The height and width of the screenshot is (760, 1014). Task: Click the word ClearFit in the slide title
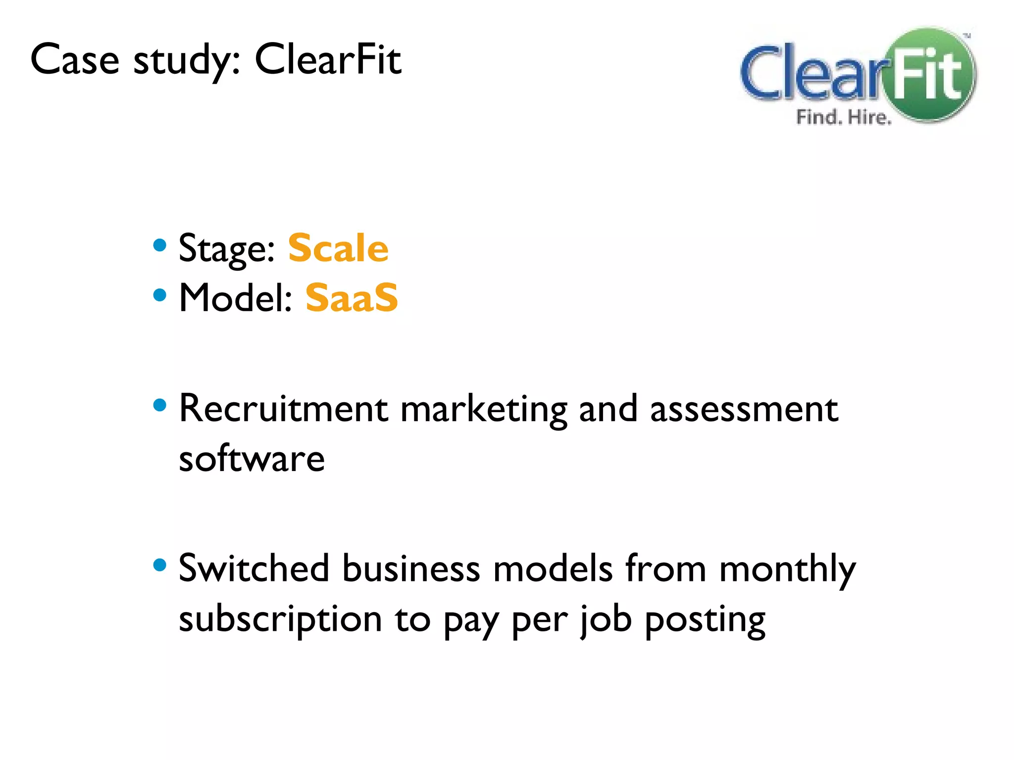click(x=328, y=59)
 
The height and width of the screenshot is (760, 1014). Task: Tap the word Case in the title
click(x=75, y=59)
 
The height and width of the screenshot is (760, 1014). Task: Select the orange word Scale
click(x=338, y=248)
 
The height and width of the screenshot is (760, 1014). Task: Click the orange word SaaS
click(x=352, y=298)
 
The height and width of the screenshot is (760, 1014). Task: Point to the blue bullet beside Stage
click(x=159, y=245)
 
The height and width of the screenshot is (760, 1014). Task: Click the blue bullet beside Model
click(x=159, y=295)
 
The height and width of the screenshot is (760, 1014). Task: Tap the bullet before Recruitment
click(x=159, y=406)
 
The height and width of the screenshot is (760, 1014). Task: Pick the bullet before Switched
click(x=159, y=565)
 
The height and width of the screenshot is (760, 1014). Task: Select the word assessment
click(x=744, y=410)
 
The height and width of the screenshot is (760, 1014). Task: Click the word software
click(x=252, y=459)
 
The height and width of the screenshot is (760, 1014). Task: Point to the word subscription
click(x=280, y=619)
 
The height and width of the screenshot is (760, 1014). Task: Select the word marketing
click(x=484, y=410)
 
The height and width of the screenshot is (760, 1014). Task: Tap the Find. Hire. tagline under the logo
click(x=843, y=118)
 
